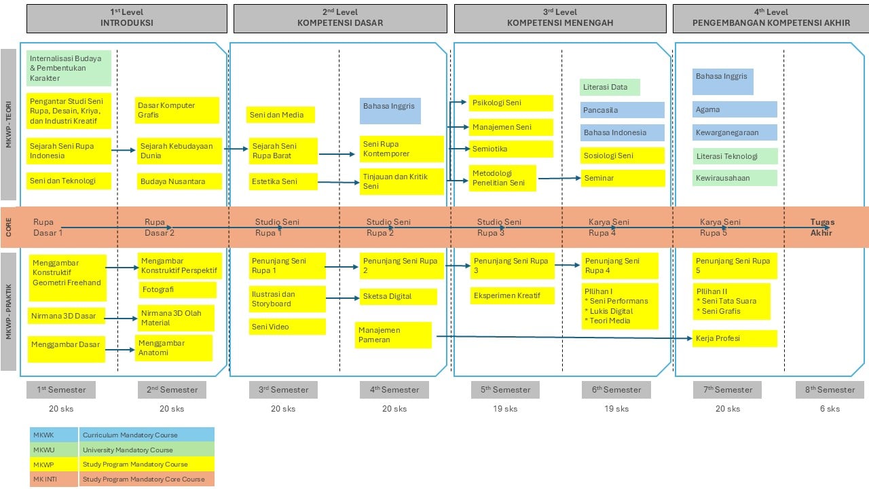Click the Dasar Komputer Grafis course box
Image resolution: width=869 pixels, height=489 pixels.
pos(177,110)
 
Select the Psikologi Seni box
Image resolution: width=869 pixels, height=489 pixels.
pos(511,103)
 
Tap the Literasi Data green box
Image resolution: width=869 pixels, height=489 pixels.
pos(610,87)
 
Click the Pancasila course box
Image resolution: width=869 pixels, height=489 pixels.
pos(622,110)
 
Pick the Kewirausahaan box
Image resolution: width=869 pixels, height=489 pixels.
pos(735,178)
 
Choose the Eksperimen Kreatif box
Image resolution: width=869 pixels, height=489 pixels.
pos(512,295)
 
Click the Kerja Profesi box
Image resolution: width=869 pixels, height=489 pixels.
pos(735,338)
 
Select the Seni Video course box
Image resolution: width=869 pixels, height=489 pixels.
pos(286,327)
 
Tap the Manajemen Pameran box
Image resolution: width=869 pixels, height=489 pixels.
pos(393,335)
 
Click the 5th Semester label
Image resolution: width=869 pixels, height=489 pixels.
pos(505,390)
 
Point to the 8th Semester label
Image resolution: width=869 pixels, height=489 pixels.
pos(830,390)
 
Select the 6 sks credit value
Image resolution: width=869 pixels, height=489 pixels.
pos(830,409)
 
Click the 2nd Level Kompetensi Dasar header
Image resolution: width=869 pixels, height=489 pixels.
pos(340,18)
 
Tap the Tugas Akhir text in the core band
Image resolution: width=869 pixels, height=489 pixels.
pos(821,228)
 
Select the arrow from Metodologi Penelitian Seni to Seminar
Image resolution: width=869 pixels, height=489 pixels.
pos(559,179)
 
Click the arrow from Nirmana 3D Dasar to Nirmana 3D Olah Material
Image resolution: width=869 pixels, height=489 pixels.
pos(122,318)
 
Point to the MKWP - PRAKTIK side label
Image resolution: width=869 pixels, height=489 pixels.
pos(9,312)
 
